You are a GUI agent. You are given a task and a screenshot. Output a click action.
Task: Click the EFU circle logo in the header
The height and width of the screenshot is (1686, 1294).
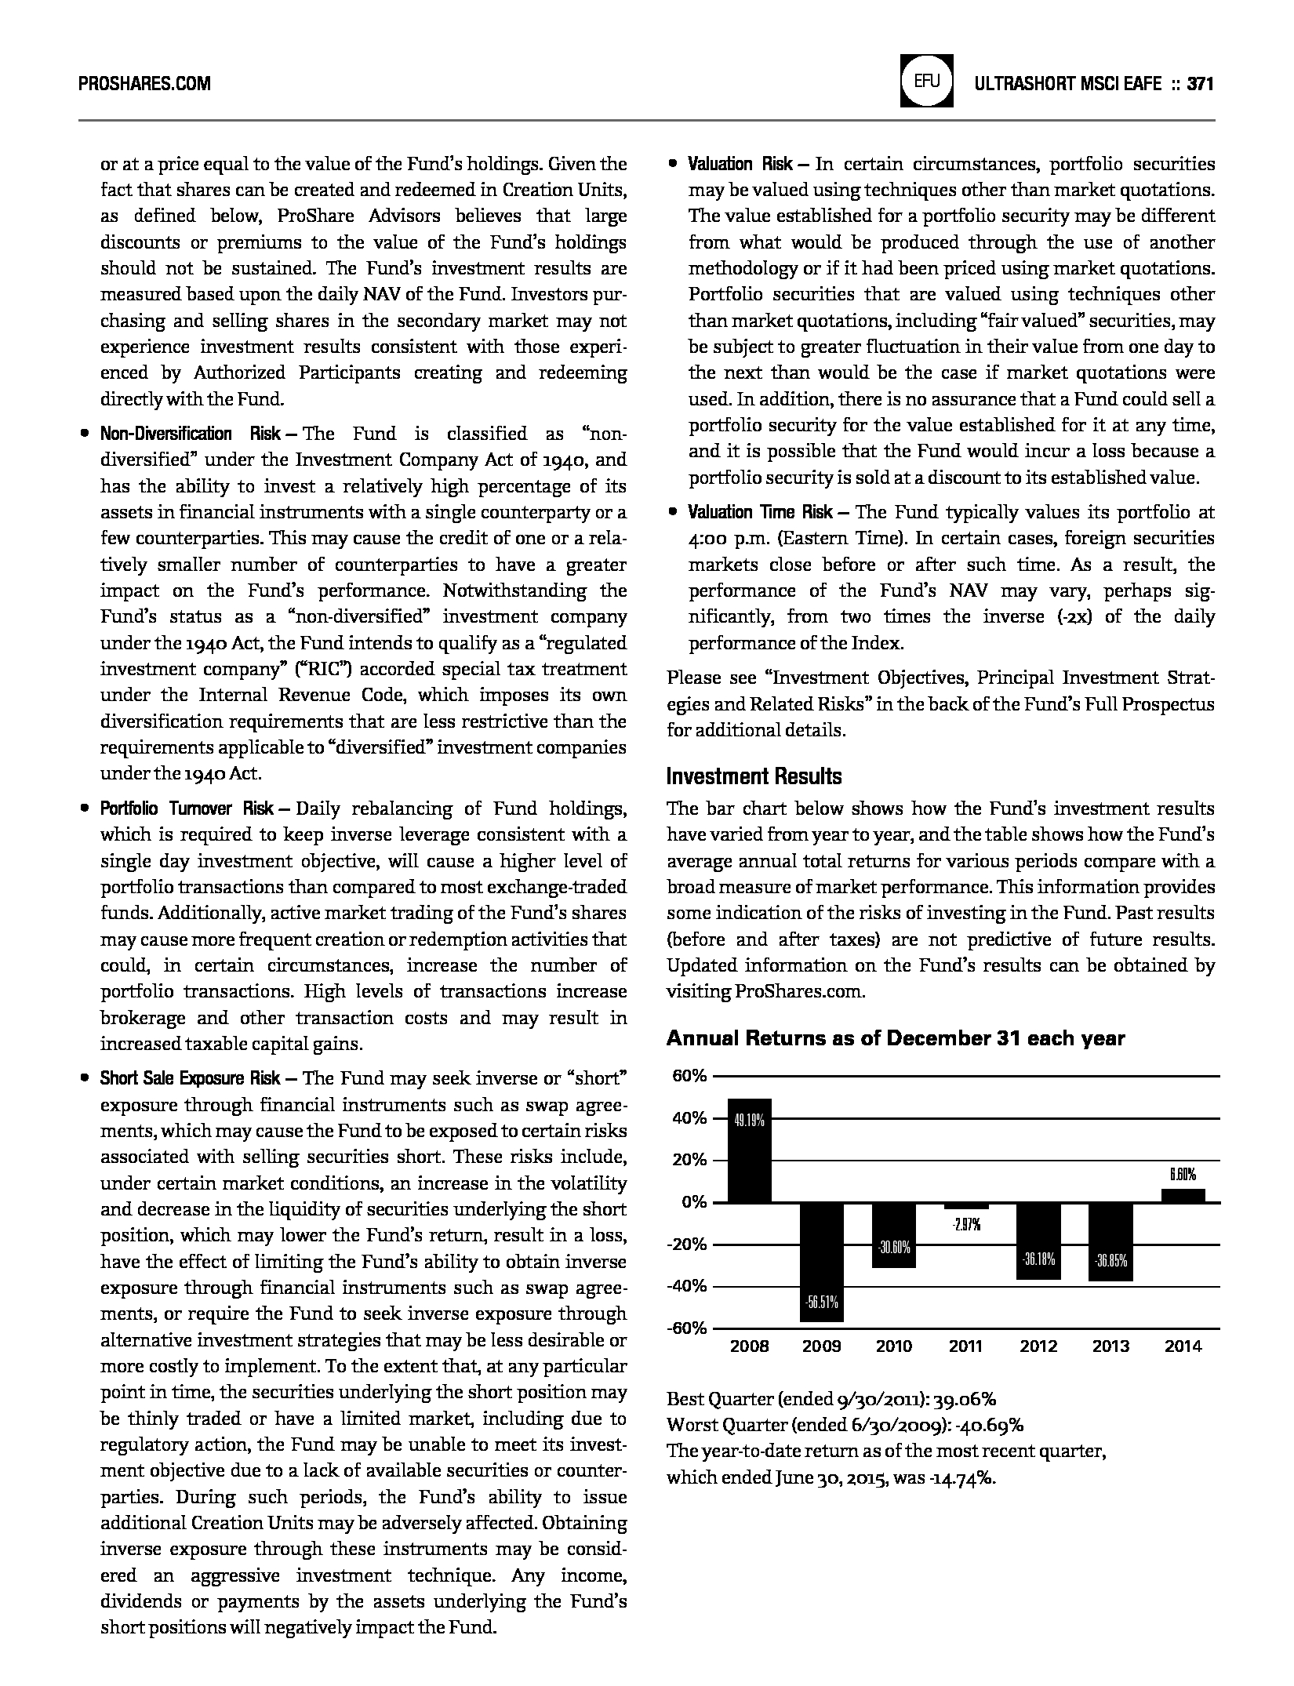927,82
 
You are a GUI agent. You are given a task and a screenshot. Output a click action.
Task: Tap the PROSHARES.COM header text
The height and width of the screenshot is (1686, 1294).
145,83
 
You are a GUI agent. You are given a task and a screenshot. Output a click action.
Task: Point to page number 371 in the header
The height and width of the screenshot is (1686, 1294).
1200,83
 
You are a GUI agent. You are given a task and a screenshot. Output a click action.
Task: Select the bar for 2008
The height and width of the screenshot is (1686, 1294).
749,1150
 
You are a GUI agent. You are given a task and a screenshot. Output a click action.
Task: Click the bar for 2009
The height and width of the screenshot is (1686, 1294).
822,1262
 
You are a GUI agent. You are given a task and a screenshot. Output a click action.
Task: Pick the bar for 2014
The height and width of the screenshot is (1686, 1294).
1183,1196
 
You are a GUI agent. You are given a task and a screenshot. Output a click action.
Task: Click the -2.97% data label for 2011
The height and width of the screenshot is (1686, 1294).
965,1224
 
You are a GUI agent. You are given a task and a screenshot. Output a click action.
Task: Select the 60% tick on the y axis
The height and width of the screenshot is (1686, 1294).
689,1077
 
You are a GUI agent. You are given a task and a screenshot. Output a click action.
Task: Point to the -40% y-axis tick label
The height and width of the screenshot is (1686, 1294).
688,1286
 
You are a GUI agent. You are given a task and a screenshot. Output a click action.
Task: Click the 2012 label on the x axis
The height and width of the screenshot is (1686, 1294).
1038,1346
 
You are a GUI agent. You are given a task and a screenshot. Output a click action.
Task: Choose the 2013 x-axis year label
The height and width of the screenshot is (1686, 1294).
1110,1346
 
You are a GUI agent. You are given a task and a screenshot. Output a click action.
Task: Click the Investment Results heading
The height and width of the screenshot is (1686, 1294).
754,776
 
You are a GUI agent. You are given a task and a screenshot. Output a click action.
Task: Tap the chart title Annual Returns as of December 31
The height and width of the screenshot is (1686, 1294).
895,1038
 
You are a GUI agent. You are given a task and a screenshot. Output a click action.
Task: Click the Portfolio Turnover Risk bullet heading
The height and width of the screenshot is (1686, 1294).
187,808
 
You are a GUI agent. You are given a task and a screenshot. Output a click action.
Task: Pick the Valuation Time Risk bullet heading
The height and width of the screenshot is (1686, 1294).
760,512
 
